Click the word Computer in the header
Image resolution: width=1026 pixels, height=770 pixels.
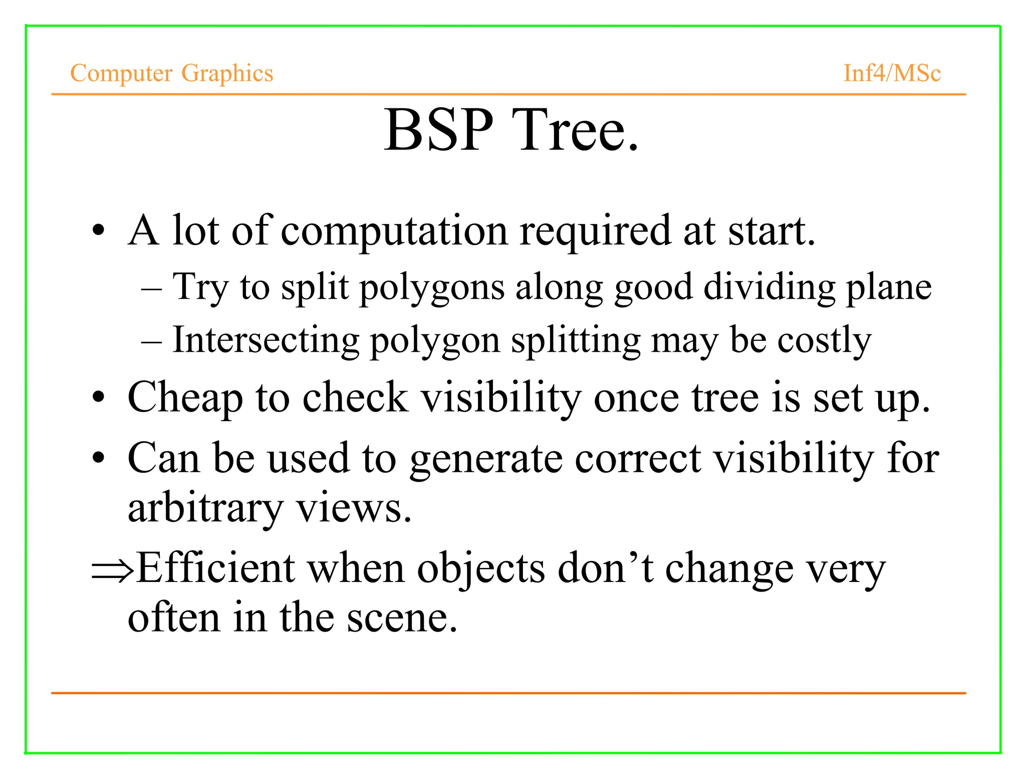coord(121,74)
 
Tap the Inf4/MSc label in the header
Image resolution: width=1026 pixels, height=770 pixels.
coord(892,73)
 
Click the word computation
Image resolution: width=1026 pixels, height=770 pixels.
coord(394,232)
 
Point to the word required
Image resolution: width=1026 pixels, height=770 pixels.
coord(595,232)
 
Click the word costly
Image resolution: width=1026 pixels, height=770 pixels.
coord(824,341)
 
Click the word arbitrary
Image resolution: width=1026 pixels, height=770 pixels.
coord(205,509)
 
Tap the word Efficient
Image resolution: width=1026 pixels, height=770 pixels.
coord(215,568)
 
